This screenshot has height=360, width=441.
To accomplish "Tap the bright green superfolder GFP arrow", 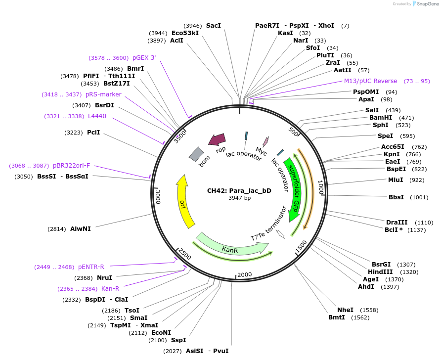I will coord(295,190).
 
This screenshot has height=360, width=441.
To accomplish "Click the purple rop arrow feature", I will coord(217,139).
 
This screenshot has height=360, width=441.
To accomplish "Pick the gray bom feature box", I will coord(196,155).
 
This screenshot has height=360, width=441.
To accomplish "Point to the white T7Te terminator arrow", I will coord(280,234).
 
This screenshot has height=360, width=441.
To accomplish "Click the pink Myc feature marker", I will coord(265,142).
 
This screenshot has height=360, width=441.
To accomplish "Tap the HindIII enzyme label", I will coord(380,271).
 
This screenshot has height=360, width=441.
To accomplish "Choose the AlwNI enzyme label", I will coord(81,229).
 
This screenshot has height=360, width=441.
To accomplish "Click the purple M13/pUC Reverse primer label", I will coord(371,81).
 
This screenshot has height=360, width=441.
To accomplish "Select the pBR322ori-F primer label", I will coord(72,166).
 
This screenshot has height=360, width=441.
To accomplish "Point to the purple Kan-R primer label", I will coord(110,289).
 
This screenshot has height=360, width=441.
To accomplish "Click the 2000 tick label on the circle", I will coord(244,274).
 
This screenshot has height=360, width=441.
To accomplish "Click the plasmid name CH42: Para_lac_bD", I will coord(239,190).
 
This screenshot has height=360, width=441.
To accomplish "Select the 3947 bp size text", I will coord(239,198).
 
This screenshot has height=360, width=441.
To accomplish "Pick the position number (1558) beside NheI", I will coord(369,310).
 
